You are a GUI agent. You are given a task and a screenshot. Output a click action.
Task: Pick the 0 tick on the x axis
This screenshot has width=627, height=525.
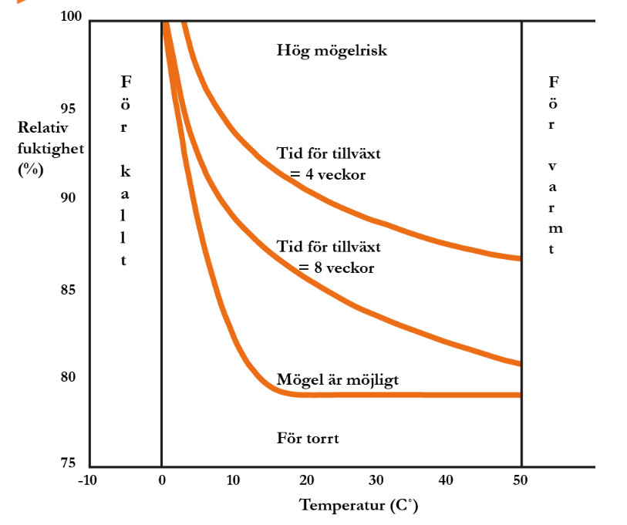tap(161, 480)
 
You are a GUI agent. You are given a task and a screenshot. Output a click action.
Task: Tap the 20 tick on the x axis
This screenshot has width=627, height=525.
tap(306, 480)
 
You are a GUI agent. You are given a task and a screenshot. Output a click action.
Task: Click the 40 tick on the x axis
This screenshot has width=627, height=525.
tap(450, 480)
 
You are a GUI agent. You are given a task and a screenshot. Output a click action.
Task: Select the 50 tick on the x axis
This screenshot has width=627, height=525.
tap(522, 480)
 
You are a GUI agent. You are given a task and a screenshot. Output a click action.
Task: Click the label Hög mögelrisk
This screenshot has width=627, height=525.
tap(332, 52)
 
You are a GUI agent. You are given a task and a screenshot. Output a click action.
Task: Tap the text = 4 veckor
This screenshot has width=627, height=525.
tap(327, 174)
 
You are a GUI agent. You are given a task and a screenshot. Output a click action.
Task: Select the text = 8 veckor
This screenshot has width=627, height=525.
tap(335, 268)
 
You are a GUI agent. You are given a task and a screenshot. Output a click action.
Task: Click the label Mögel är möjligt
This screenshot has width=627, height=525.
tap(337, 379)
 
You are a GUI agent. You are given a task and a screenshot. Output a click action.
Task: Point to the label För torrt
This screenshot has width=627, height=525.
tap(308, 439)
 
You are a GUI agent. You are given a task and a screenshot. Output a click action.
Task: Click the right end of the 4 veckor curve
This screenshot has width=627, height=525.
tap(521, 258)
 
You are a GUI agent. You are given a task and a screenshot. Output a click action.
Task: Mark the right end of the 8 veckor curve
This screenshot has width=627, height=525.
tap(521, 363)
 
